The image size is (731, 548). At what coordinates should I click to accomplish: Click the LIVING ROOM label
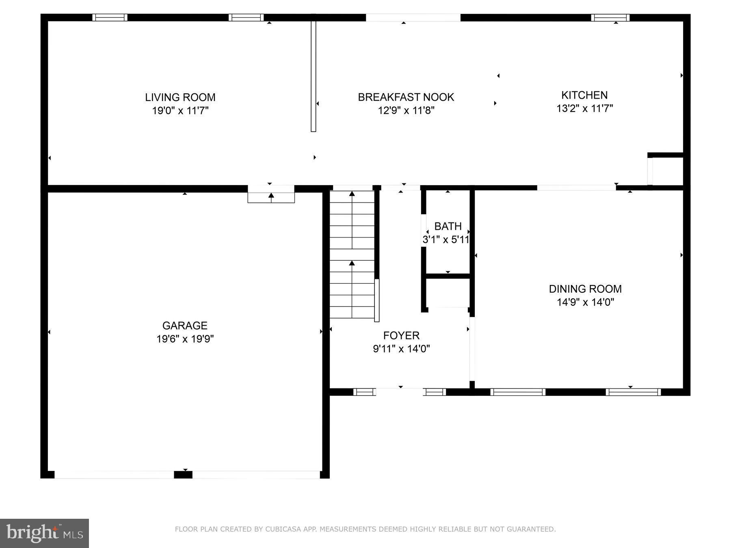180,97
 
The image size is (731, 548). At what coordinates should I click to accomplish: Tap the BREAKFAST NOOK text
406,97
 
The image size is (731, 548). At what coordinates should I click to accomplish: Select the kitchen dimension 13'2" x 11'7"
584,108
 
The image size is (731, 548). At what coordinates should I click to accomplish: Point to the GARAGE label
185,326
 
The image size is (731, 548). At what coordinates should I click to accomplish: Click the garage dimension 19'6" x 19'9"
185,339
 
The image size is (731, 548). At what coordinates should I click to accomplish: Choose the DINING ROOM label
585,289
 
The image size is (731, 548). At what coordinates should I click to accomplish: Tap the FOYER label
401,336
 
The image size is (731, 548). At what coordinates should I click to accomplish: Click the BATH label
448,227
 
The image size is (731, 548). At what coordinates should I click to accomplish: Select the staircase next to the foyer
352,255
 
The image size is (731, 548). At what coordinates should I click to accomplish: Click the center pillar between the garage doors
183,475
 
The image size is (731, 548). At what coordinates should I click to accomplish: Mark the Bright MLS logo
44,533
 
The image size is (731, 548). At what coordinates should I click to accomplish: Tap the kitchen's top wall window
610,17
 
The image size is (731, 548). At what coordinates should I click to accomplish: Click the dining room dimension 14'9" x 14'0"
585,302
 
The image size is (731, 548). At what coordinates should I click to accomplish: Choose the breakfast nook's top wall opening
413,17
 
